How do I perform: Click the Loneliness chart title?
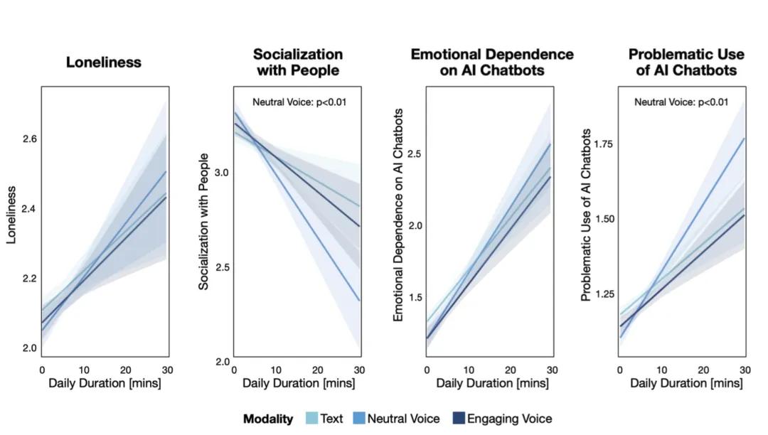click(104, 63)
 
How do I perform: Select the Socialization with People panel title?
click(298, 63)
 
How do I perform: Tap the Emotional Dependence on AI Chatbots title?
click(492, 63)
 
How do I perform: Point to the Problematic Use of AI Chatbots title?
click(686, 63)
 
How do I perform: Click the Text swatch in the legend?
click(311, 419)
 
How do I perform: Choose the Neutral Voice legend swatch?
click(359, 419)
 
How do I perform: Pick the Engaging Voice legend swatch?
click(458, 419)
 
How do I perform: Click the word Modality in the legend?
click(268, 419)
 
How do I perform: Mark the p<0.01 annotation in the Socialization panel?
click(299, 102)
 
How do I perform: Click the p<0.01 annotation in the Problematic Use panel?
click(681, 102)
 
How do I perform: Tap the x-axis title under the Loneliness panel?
click(105, 384)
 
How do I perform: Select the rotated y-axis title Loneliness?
click(12, 215)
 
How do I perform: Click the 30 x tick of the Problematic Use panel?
click(745, 370)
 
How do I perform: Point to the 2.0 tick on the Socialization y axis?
click(222, 362)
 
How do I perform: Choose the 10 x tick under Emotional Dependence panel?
click(469, 370)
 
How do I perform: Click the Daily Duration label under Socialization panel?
click(298, 384)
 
